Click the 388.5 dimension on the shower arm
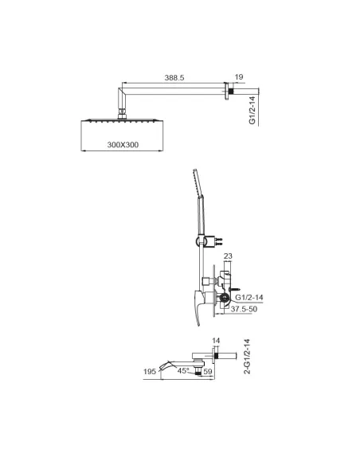point(174,78)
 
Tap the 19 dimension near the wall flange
point(239,77)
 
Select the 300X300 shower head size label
point(123,145)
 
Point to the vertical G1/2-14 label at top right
point(252,110)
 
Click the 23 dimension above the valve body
point(228,256)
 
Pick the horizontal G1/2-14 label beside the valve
point(249,297)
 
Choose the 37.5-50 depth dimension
point(244,309)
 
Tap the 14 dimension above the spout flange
point(216,341)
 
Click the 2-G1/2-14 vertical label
point(247,357)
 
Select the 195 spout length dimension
point(150,371)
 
